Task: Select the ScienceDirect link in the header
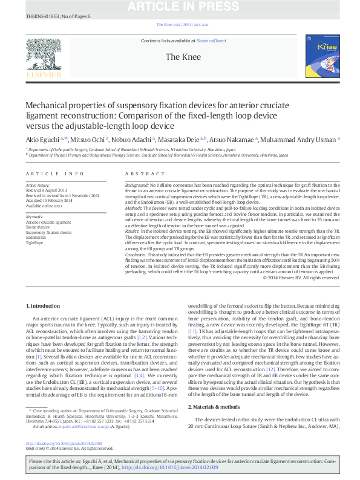point(212,40)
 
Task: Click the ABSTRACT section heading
point(140,173)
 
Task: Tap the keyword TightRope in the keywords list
point(34,244)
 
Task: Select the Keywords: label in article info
point(34,216)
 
